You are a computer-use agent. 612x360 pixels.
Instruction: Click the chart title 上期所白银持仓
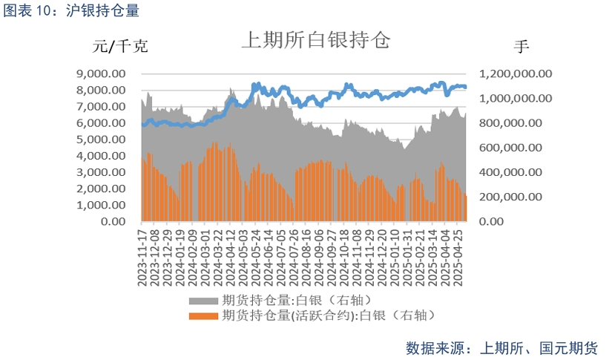pos(315,40)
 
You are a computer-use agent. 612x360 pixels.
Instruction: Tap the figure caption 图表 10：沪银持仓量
pos(70,10)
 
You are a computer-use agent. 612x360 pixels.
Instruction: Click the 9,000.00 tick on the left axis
pos(100,73)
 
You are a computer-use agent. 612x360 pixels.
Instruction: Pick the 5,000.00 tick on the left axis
pos(100,140)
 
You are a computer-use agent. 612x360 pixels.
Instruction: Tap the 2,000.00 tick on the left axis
pos(100,189)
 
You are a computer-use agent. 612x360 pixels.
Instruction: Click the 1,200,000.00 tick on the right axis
pos(516,73)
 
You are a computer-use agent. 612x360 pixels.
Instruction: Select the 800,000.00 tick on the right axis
pos(519,123)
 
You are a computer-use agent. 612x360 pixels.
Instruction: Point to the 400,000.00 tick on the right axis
pos(519,172)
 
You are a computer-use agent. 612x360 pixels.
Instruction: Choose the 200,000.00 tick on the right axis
pos(519,197)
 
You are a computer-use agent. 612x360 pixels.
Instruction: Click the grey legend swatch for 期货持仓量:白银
pos(203,300)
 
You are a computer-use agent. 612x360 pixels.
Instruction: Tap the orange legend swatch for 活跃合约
pos(203,315)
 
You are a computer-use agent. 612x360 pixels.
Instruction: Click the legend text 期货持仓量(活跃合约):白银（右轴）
pos(327,315)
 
